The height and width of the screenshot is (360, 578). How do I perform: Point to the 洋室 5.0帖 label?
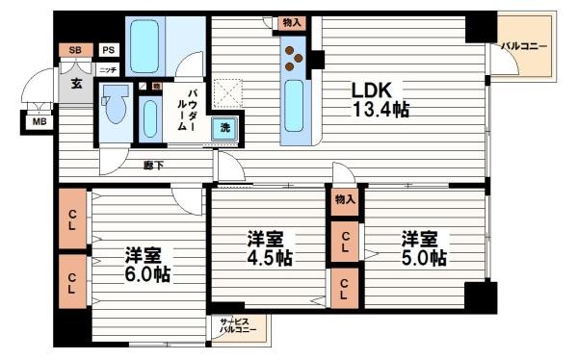pyautogui.click(x=423, y=247)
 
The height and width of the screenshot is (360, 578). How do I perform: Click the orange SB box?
pyautogui.click(x=75, y=51)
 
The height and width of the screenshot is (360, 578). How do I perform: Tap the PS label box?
pyautogui.click(x=108, y=51)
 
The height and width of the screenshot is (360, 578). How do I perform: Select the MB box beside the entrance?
pyautogui.click(x=39, y=122)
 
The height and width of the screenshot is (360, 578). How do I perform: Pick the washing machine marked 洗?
pyautogui.click(x=223, y=129)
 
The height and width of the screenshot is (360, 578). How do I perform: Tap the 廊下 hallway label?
pyautogui.click(x=153, y=165)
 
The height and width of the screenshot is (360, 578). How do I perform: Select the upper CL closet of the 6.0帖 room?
pyautogui.click(x=73, y=218)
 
